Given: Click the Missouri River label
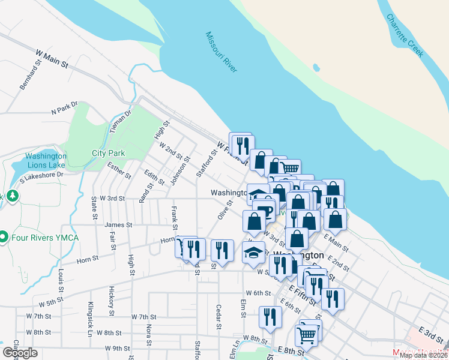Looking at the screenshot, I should point(221,53).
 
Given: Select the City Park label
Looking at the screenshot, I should point(108,153).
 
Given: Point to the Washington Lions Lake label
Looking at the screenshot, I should point(46,160).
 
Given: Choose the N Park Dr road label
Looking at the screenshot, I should point(65,109).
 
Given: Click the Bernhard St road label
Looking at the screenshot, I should point(29,76).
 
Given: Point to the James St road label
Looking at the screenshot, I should point(118,225).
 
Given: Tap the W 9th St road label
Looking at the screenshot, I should point(117,348).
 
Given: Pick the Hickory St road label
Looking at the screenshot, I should point(111,301).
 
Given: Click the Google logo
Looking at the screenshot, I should point(20,353).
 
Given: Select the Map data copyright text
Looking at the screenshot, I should point(423,355).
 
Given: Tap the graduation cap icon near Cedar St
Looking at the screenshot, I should point(254,252).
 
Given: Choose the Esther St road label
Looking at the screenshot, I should point(119,171).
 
